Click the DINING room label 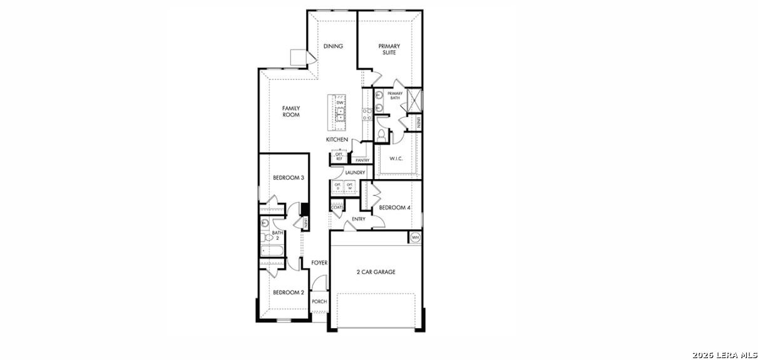point(333,46)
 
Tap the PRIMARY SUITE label point(389,49)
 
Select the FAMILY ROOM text point(291,112)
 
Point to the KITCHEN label point(337,140)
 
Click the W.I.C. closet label point(396,159)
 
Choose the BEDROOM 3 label point(289,178)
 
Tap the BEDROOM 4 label point(395,207)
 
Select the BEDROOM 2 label point(289,292)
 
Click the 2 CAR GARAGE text point(376,272)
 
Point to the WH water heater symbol point(415,237)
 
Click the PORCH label point(319,302)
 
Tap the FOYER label point(319,263)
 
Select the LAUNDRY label point(355,173)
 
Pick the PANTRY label point(362,161)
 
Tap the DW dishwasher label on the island point(340,103)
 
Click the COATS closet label point(337,207)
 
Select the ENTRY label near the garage point(359,219)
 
